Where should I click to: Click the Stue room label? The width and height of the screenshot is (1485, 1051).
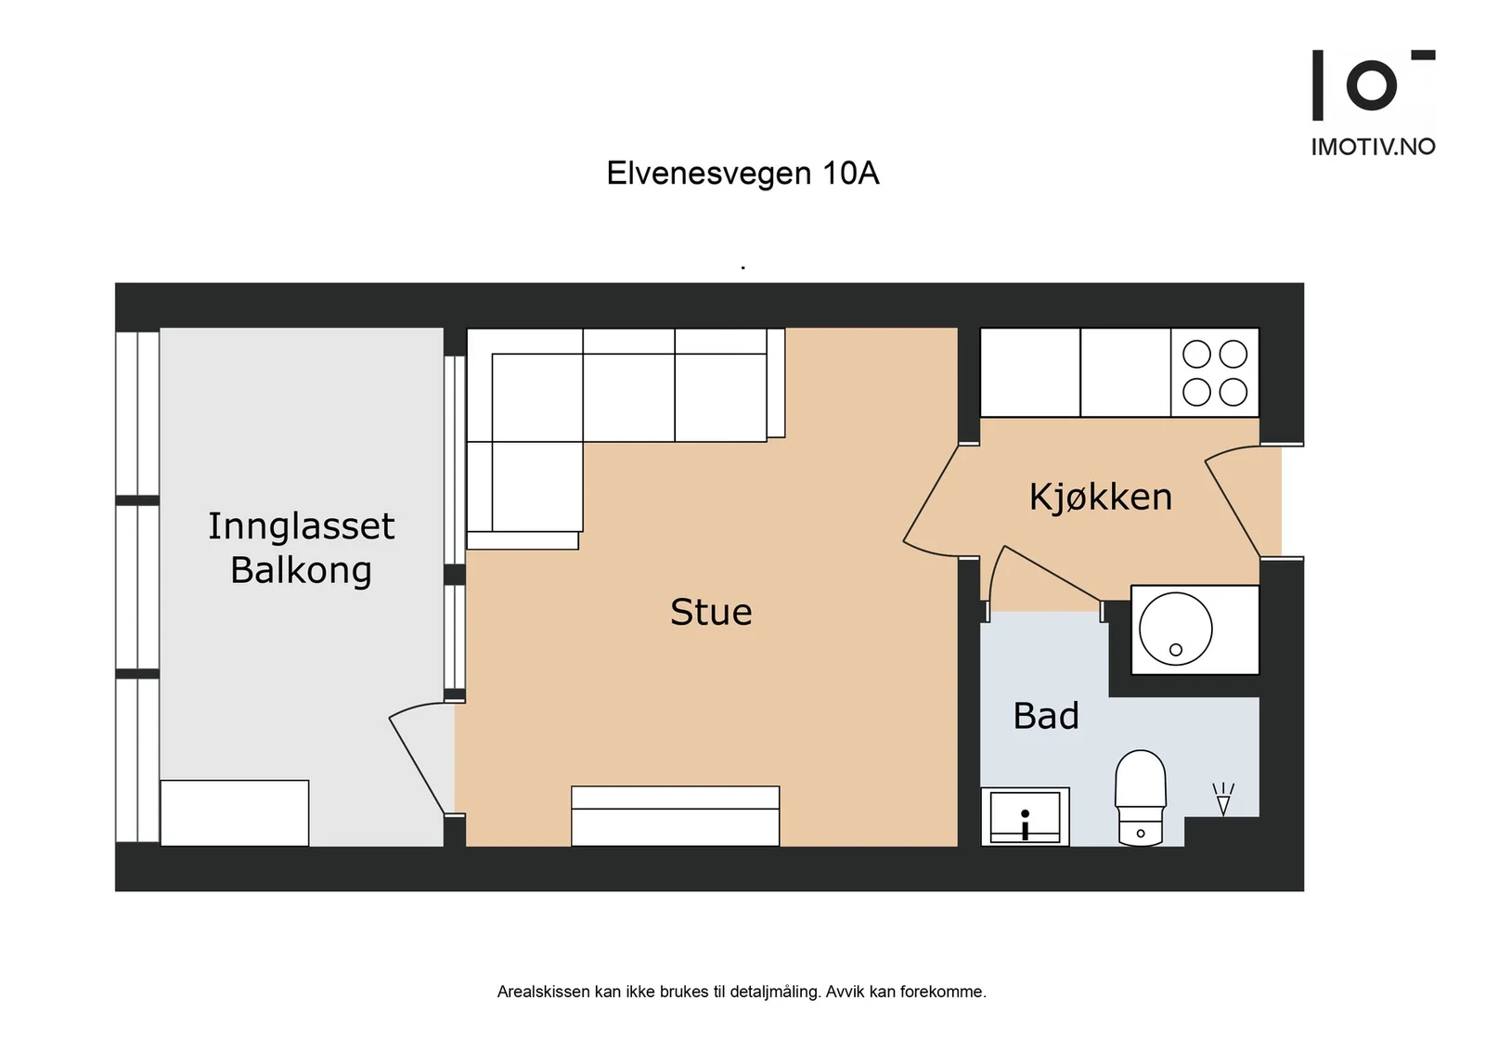[x=711, y=611]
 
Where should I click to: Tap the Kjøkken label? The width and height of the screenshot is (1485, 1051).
[x=1101, y=497]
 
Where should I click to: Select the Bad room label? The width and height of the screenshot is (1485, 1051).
[x=1046, y=716]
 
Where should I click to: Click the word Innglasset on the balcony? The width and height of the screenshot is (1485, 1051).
[x=302, y=525]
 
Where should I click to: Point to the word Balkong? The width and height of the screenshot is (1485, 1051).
[x=301, y=570]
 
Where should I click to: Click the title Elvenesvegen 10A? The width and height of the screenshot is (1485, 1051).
[x=742, y=173]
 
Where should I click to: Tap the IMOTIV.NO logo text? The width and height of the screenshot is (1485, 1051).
[x=1373, y=147]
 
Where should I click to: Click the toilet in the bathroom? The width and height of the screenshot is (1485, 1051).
[x=1141, y=798]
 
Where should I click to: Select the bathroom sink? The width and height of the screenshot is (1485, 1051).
[x=1025, y=816]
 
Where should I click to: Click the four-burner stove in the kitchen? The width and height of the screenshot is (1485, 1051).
[x=1215, y=372]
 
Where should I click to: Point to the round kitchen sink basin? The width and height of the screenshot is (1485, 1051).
[x=1175, y=629]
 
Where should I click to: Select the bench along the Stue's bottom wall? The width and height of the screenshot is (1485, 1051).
[x=675, y=815]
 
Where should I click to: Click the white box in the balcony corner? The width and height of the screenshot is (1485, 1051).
[x=235, y=813]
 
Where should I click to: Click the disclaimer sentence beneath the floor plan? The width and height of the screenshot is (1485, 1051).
[x=742, y=992]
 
